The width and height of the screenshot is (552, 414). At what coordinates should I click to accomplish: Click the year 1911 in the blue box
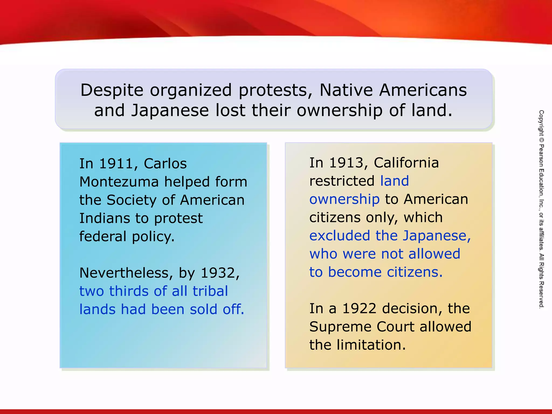pyautogui.click(x=116, y=164)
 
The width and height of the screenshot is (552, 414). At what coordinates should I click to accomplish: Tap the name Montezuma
pyautogui.click(x=119, y=182)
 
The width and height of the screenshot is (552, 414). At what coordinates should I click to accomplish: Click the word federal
pyautogui.click(x=103, y=237)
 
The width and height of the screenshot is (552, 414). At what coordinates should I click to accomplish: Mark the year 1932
pyautogui.click(x=218, y=273)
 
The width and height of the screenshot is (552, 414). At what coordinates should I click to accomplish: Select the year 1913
pyautogui.click(x=346, y=163)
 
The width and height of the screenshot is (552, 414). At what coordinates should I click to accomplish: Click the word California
pyautogui.click(x=406, y=163)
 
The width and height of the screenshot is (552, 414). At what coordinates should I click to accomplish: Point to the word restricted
pyautogui.click(x=342, y=181)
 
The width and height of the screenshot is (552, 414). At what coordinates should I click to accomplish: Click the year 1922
pyautogui.click(x=359, y=309)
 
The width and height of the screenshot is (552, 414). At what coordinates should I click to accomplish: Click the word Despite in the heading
pyautogui.click(x=112, y=90)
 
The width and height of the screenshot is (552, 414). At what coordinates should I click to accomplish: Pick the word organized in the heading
pyautogui.click(x=191, y=90)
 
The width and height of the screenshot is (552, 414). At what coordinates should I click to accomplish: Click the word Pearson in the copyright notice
pyautogui.click(x=541, y=155)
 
